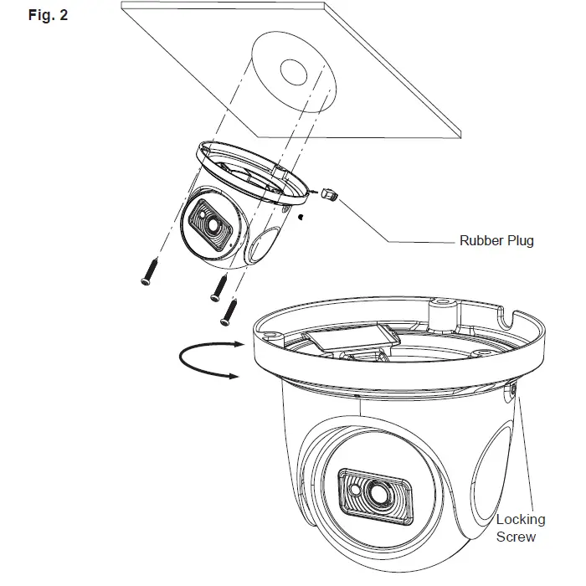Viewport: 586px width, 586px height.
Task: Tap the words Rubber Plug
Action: point(496,241)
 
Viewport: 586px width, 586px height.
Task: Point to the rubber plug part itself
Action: point(328,194)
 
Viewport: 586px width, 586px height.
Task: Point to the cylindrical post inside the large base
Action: point(441,312)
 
